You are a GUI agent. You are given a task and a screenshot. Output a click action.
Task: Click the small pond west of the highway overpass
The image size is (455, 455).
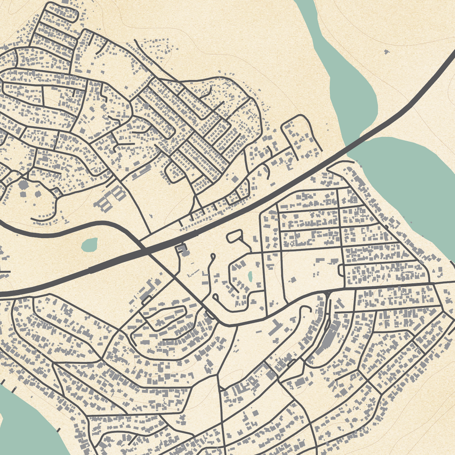(x=90, y=244)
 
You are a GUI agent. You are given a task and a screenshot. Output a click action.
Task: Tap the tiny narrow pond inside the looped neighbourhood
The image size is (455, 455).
(x=250, y=277)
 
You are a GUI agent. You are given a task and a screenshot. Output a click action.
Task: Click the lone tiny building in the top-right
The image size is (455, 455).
(x=386, y=52)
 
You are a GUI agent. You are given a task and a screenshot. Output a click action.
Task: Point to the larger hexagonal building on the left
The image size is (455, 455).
(x=23, y=185)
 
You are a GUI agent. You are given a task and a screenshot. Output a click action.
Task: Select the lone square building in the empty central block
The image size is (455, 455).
(x=293, y=279)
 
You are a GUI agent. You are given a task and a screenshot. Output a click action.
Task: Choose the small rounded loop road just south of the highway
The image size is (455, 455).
(x=235, y=235)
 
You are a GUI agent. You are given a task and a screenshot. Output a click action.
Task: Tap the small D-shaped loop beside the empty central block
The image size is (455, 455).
(x=341, y=270)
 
